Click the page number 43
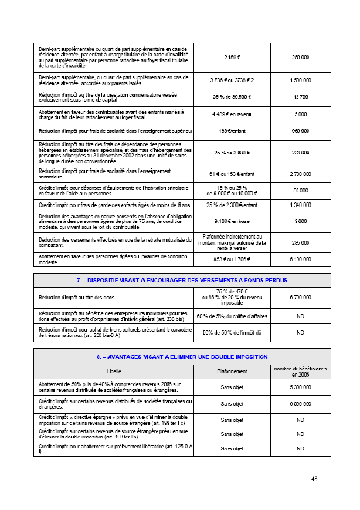[x=314, y=479]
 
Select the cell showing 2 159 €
[x=232, y=58]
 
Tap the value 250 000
[x=300, y=58]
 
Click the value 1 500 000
[x=300, y=80]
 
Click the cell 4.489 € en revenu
[x=232, y=114]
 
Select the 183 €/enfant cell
[x=232, y=130]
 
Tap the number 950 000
[x=300, y=130]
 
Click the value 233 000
[x=300, y=153]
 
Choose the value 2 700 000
[x=300, y=174]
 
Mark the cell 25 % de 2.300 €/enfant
[x=232, y=205]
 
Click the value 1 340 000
[x=300, y=205]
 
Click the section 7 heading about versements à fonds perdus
[x=182, y=281]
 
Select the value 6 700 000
[x=300, y=298]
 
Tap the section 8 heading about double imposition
[x=182, y=356]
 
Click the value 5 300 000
[x=300, y=387]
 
